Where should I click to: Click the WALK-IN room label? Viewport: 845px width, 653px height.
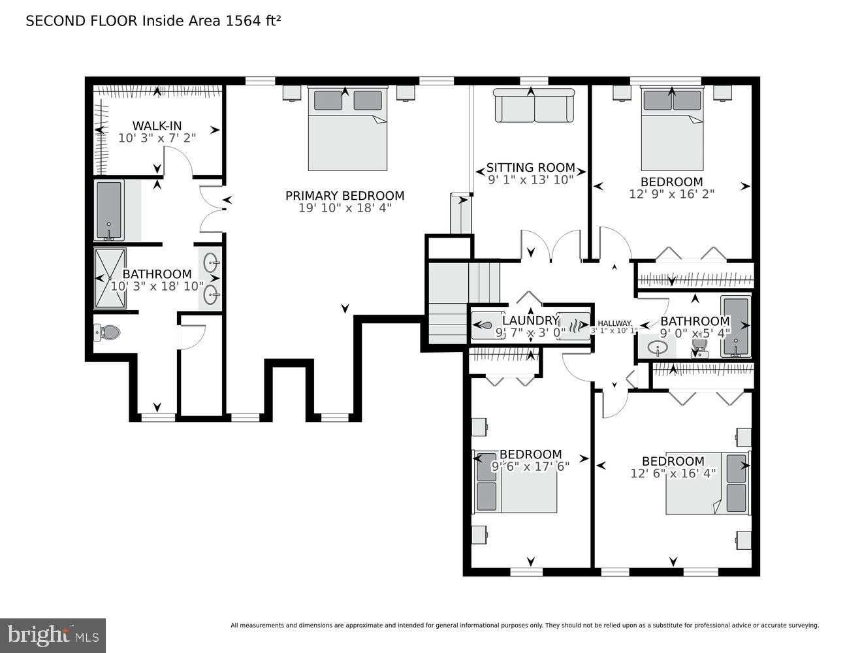tap(157, 126)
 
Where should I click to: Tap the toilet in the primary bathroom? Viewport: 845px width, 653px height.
tap(107, 333)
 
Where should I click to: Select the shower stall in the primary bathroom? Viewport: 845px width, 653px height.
tap(110, 278)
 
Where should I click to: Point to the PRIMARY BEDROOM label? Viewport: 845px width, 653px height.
tap(345, 196)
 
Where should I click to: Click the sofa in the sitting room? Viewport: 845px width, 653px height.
tap(534, 105)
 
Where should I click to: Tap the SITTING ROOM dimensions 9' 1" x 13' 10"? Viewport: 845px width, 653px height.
tap(530, 178)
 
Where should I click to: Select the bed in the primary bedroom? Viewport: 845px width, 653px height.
tap(348, 129)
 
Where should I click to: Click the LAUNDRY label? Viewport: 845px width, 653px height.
tap(530, 321)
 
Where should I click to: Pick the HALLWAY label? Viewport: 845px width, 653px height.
tap(614, 323)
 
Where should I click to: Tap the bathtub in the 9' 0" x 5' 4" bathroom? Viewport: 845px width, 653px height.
tap(735, 326)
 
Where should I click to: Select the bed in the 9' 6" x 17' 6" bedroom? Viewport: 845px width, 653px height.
tap(517, 482)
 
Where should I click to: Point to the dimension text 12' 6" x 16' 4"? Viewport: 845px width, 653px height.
tap(673, 473)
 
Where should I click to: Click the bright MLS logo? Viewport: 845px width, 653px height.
tap(53, 635)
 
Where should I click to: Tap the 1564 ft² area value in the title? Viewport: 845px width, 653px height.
tap(253, 20)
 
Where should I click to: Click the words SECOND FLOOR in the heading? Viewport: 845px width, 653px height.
tap(82, 20)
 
